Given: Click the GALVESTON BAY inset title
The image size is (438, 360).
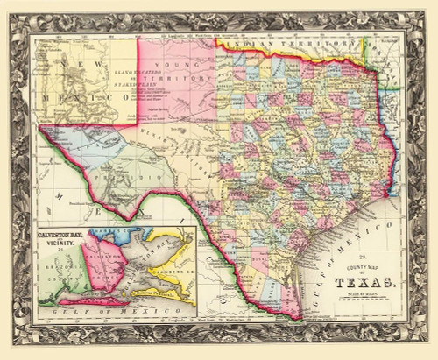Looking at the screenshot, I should pos(62,235).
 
